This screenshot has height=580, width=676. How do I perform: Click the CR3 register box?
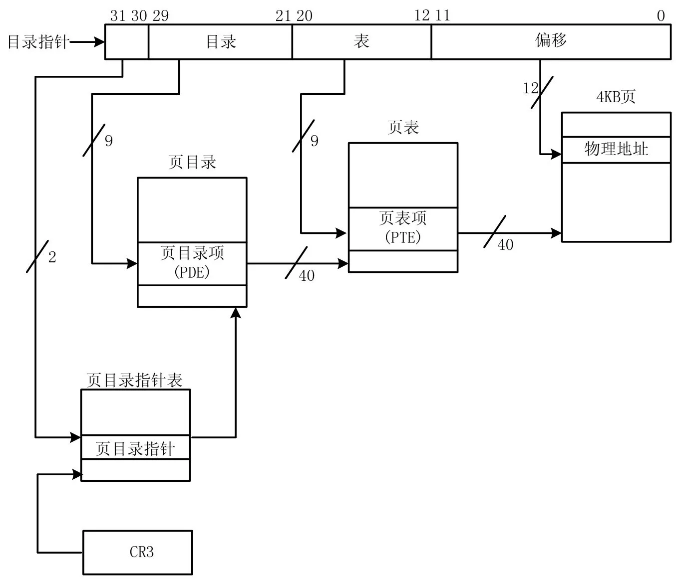point(138,552)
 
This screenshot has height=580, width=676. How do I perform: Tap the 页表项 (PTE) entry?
point(403,228)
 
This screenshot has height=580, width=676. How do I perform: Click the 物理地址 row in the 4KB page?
point(616,149)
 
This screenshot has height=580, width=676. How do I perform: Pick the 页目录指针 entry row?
point(135,448)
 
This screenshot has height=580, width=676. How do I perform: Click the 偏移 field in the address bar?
point(551,41)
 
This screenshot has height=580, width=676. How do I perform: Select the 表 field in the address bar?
point(361,41)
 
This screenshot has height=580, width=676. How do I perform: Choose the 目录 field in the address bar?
point(221,41)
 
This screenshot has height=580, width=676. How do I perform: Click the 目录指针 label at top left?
point(37,42)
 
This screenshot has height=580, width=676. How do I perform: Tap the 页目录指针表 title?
point(134,380)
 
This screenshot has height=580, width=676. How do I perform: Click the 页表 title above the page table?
point(403,128)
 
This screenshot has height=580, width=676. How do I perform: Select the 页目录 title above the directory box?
point(192,162)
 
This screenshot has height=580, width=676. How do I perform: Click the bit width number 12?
point(530,89)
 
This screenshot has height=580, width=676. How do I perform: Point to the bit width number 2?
point(52,257)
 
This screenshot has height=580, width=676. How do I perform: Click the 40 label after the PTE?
point(505,245)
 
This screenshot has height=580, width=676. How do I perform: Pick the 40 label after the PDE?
point(307,276)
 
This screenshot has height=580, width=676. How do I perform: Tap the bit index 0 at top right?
point(661,16)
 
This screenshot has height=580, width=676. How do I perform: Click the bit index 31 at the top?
point(118,16)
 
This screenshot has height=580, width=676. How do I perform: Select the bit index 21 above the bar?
point(283,16)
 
